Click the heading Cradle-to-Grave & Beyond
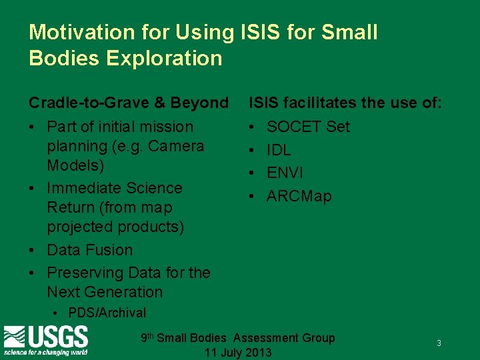point(128,103)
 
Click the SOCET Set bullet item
point(308,127)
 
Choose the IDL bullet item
point(279,150)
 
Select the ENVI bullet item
point(285,173)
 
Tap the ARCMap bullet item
point(299,196)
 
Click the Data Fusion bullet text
point(89,250)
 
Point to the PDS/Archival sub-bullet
point(107,313)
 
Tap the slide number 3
point(439,343)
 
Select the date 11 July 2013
point(238,352)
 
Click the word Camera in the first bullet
point(178,146)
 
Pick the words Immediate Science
point(114,188)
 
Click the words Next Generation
point(105,292)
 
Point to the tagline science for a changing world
point(45,351)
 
